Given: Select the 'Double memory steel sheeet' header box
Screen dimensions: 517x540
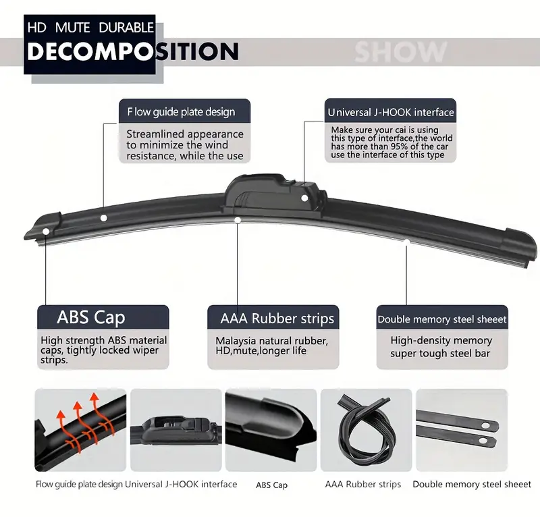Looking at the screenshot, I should [x=441, y=319].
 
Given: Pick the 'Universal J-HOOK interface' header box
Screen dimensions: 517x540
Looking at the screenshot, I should [x=390, y=111].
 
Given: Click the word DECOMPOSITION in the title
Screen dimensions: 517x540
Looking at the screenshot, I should [x=132, y=51].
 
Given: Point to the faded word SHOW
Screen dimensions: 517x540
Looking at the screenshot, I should [x=400, y=52].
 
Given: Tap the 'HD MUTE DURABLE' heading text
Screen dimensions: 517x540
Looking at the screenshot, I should [x=91, y=28].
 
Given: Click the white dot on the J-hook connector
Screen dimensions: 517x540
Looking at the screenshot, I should [x=305, y=198].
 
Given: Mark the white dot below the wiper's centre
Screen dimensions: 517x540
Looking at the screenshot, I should [x=238, y=219].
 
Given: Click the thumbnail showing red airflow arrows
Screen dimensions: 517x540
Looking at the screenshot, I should [x=78, y=429].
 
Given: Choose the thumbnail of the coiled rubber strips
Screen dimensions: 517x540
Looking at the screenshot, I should [x=365, y=429].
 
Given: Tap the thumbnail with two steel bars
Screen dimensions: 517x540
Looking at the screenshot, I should [x=461, y=429].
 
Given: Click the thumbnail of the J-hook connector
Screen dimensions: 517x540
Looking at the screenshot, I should [x=175, y=429].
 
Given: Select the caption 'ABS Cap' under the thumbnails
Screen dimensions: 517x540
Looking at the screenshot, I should [x=271, y=485].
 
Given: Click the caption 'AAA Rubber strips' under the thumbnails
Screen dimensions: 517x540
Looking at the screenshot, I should [x=362, y=484].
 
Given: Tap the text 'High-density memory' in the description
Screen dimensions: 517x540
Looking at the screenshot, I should [x=441, y=340].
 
